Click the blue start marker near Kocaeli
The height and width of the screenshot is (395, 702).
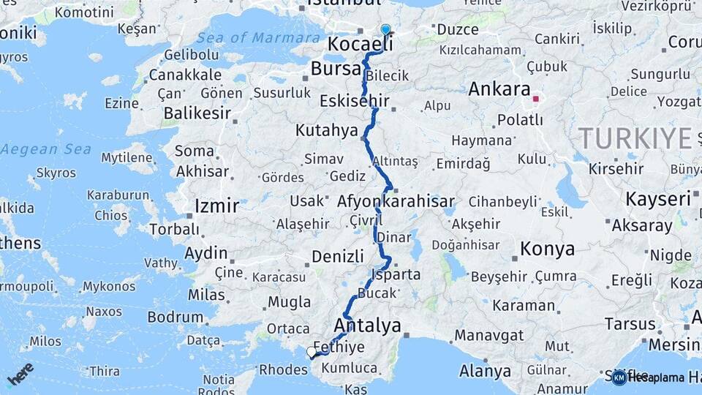[385, 29]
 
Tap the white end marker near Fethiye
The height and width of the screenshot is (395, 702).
[312, 353]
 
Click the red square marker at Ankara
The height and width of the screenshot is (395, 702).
[536, 99]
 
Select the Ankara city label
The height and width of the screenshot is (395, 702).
[499, 89]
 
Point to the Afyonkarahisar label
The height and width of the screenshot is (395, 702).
[396, 201]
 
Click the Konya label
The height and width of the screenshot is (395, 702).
[547, 249]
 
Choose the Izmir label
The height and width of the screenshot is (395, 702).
[216, 206]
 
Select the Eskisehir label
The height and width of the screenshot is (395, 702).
[355, 102]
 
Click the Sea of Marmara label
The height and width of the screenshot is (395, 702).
[259, 37]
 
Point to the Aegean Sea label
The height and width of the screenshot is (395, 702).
[45, 149]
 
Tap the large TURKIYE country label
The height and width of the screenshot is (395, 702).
[635, 138]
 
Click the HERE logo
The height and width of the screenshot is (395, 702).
[20, 373]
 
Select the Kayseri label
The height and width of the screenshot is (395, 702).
[658, 199]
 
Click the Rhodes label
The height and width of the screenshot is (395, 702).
[284, 369]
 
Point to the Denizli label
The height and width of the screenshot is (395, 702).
[337, 257]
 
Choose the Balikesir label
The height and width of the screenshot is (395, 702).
[197, 113]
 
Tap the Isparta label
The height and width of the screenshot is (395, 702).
[396, 274]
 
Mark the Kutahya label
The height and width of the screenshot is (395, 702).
[325, 130]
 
